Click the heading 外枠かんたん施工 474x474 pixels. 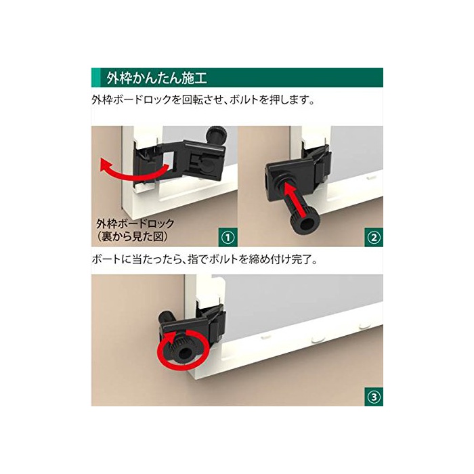(156, 78)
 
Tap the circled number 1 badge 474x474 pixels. (228, 238)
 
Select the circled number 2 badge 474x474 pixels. (374, 238)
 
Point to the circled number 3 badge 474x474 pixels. (374, 397)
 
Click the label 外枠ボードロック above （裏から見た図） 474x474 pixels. (135, 223)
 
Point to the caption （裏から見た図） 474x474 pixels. (133, 236)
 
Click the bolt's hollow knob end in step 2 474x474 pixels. (306, 224)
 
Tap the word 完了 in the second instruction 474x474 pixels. (301, 259)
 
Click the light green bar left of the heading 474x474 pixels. (95, 78)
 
